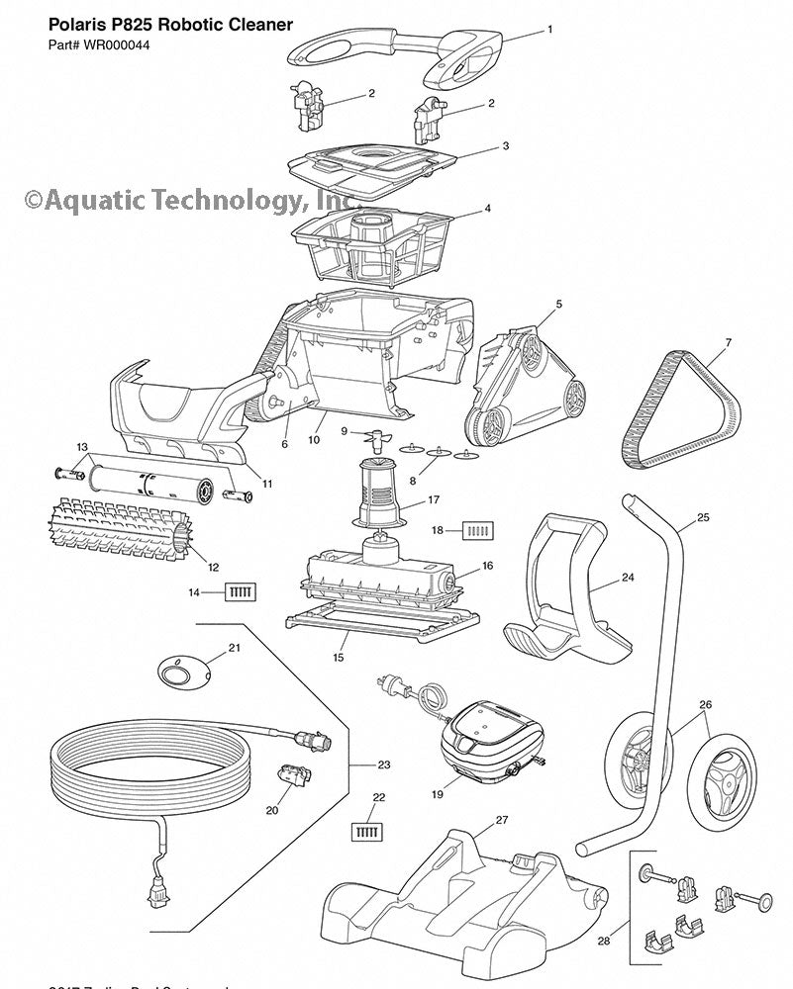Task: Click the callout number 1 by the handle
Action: [x=549, y=30]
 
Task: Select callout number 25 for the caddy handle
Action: [x=703, y=517]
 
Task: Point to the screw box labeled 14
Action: [x=241, y=591]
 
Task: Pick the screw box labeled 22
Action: [x=366, y=831]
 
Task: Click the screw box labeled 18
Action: [x=477, y=530]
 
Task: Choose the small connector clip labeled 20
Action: [x=294, y=776]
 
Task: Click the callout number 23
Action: [x=384, y=764]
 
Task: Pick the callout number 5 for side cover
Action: [x=559, y=305]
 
